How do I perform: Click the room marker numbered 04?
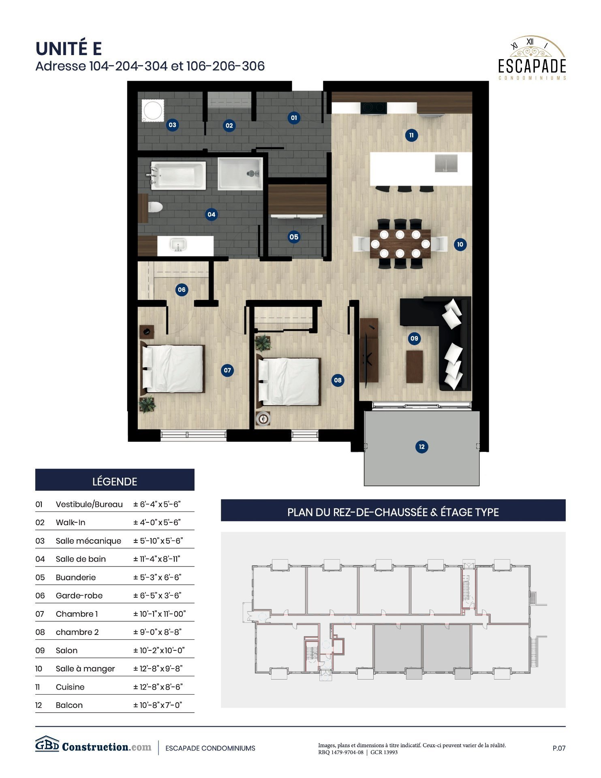click(211, 214)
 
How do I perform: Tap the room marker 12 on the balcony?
click(421, 447)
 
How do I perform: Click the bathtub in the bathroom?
click(178, 175)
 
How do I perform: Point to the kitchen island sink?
click(446, 163)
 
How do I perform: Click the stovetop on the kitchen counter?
click(373, 107)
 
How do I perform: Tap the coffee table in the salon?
click(414, 366)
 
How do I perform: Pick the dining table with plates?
click(400, 244)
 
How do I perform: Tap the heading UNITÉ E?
click(68, 49)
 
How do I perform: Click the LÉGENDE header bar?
click(115, 481)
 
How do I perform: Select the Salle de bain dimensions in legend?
click(157, 559)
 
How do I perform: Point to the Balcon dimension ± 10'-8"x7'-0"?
click(158, 705)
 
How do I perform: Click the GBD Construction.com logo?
click(93, 746)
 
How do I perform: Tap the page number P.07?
click(558, 748)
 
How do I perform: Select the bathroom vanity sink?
click(178, 245)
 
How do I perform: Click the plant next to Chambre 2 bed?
click(263, 343)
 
